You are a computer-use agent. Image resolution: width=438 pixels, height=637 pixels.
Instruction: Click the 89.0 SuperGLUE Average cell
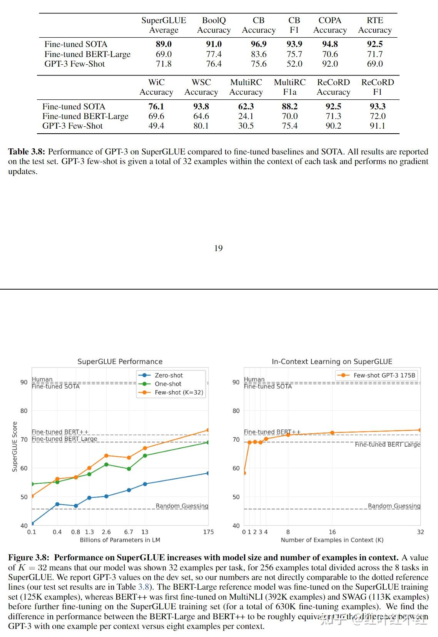coord(164,44)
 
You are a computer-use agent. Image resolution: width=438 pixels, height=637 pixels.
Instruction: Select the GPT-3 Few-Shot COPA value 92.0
coord(330,64)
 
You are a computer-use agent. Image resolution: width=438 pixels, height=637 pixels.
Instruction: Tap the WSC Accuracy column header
coord(201,87)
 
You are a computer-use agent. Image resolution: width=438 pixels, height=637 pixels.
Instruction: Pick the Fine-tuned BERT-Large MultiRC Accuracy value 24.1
coord(246,116)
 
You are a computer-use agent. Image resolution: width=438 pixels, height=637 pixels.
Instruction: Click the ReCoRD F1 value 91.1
coord(377,126)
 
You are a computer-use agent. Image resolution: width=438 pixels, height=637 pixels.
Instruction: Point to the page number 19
coord(218,248)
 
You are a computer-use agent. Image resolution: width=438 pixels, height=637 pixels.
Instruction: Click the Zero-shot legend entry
coord(169,375)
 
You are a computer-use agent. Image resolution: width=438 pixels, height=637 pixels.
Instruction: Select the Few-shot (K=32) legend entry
coord(179,392)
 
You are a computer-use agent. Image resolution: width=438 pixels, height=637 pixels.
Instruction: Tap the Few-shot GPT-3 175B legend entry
coord(384,375)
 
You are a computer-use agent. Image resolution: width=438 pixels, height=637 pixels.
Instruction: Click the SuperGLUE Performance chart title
coord(120,362)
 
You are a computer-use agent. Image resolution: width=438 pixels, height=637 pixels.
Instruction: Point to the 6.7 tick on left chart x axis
coord(129,532)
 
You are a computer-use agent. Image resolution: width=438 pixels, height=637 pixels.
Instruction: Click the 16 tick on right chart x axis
coord(332,532)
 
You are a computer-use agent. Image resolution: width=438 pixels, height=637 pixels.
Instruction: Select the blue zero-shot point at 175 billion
coord(208,473)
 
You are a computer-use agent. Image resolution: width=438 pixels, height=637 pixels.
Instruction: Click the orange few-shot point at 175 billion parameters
coord(208,430)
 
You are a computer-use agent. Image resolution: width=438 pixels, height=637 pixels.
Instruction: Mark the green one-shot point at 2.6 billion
coord(107,464)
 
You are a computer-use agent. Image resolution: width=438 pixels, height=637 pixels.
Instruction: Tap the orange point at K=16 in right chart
coord(332,433)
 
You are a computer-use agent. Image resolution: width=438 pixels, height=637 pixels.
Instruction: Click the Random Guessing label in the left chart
coord(182,506)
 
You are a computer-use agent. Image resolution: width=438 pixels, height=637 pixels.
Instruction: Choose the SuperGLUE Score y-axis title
coord(15,446)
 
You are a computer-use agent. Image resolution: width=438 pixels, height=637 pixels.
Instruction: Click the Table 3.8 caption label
coord(27,152)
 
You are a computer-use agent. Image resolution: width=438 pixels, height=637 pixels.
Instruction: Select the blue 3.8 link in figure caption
coord(143,587)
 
